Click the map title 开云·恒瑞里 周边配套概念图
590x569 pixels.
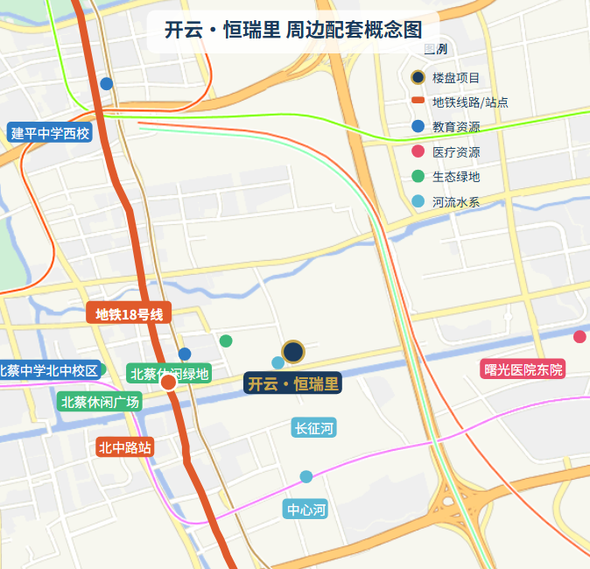pyautogui.click(x=293, y=30)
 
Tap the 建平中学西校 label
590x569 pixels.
pyautogui.click(x=50, y=134)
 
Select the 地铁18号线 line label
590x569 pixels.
pyautogui.click(x=129, y=314)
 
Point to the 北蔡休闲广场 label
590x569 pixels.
pyautogui.click(x=100, y=402)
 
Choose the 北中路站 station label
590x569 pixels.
pyautogui.click(x=125, y=447)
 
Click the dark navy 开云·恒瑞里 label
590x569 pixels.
pyautogui.click(x=292, y=383)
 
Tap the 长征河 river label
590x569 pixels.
pyautogui.click(x=313, y=428)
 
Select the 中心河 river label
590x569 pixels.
pyautogui.click(x=306, y=509)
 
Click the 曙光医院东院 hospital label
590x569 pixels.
pyautogui.click(x=523, y=369)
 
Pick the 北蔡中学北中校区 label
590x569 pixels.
pyautogui.click(x=49, y=370)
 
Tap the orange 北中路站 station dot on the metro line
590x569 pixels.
pyautogui.click(x=169, y=382)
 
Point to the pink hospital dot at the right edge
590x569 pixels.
pyautogui.click(x=579, y=337)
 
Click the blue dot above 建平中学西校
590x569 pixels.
pyautogui.click(x=107, y=84)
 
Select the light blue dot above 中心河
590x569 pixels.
pyautogui.click(x=306, y=477)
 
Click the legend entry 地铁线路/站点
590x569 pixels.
pyautogui.click(x=469, y=102)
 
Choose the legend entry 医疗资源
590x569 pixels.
pyautogui.click(x=455, y=152)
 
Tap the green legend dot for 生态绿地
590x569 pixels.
pyautogui.click(x=418, y=177)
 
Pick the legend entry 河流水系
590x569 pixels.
pyautogui.click(x=455, y=202)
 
